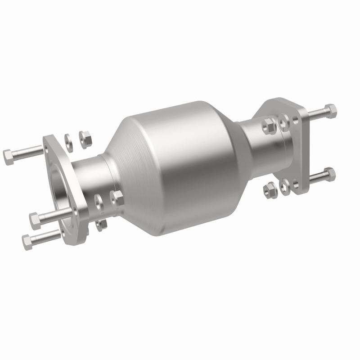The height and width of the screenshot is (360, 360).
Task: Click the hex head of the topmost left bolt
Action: pyautogui.click(x=8, y=157)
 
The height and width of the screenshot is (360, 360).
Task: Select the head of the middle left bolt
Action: pyautogui.click(x=35, y=220)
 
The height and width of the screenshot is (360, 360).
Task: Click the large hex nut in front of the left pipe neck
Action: pyautogui.click(x=117, y=198)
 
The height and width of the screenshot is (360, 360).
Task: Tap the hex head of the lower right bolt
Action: pyautogui.click(x=329, y=173)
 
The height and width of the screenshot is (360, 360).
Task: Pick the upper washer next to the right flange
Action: pyautogui.click(x=283, y=120)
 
